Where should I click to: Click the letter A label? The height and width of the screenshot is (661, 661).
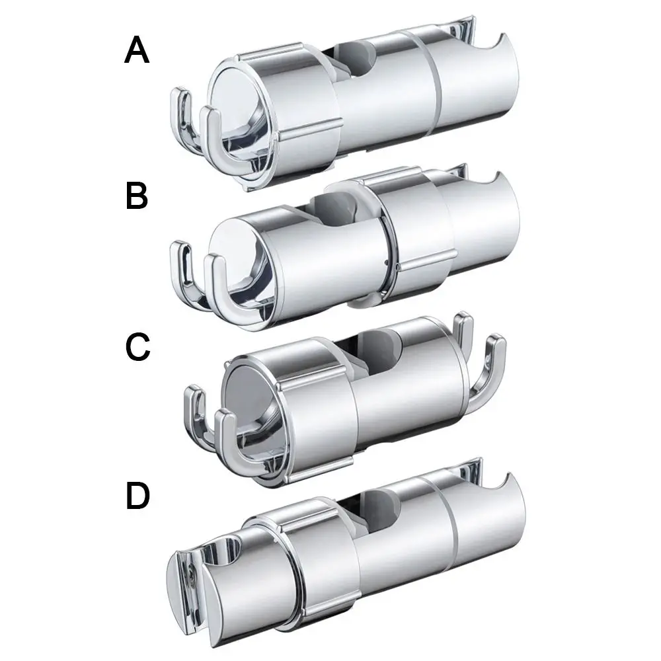[x=137, y=50]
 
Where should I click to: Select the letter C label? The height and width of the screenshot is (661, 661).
[x=138, y=346]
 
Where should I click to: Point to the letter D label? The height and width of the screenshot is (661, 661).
[x=138, y=496]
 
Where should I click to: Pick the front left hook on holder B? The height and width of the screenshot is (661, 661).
[x=223, y=291]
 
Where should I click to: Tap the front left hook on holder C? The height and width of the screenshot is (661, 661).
[x=236, y=443]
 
